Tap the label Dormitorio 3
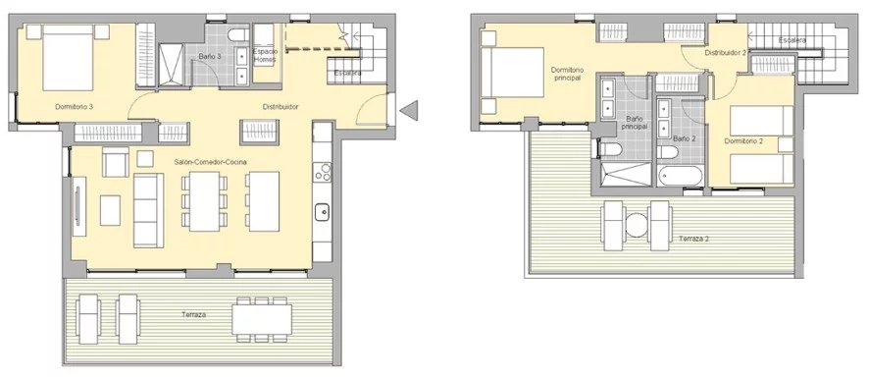tap(74, 107)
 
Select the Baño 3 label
tap(211, 56)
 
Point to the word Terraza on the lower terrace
tap(194, 315)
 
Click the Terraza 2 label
tap(693, 239)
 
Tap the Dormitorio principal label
tap(566, 75)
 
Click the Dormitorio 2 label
tap(743, 141)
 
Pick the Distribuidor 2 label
tap(726, 53)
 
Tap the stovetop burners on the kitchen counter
tap(322, 172)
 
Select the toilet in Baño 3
tap(239, 35)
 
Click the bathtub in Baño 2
tap(680, 176)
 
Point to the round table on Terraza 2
tap(638, 226)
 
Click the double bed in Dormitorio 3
tap(68, 57)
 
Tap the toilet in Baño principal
tap(609, 150)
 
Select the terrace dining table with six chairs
tap(262, 319)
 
